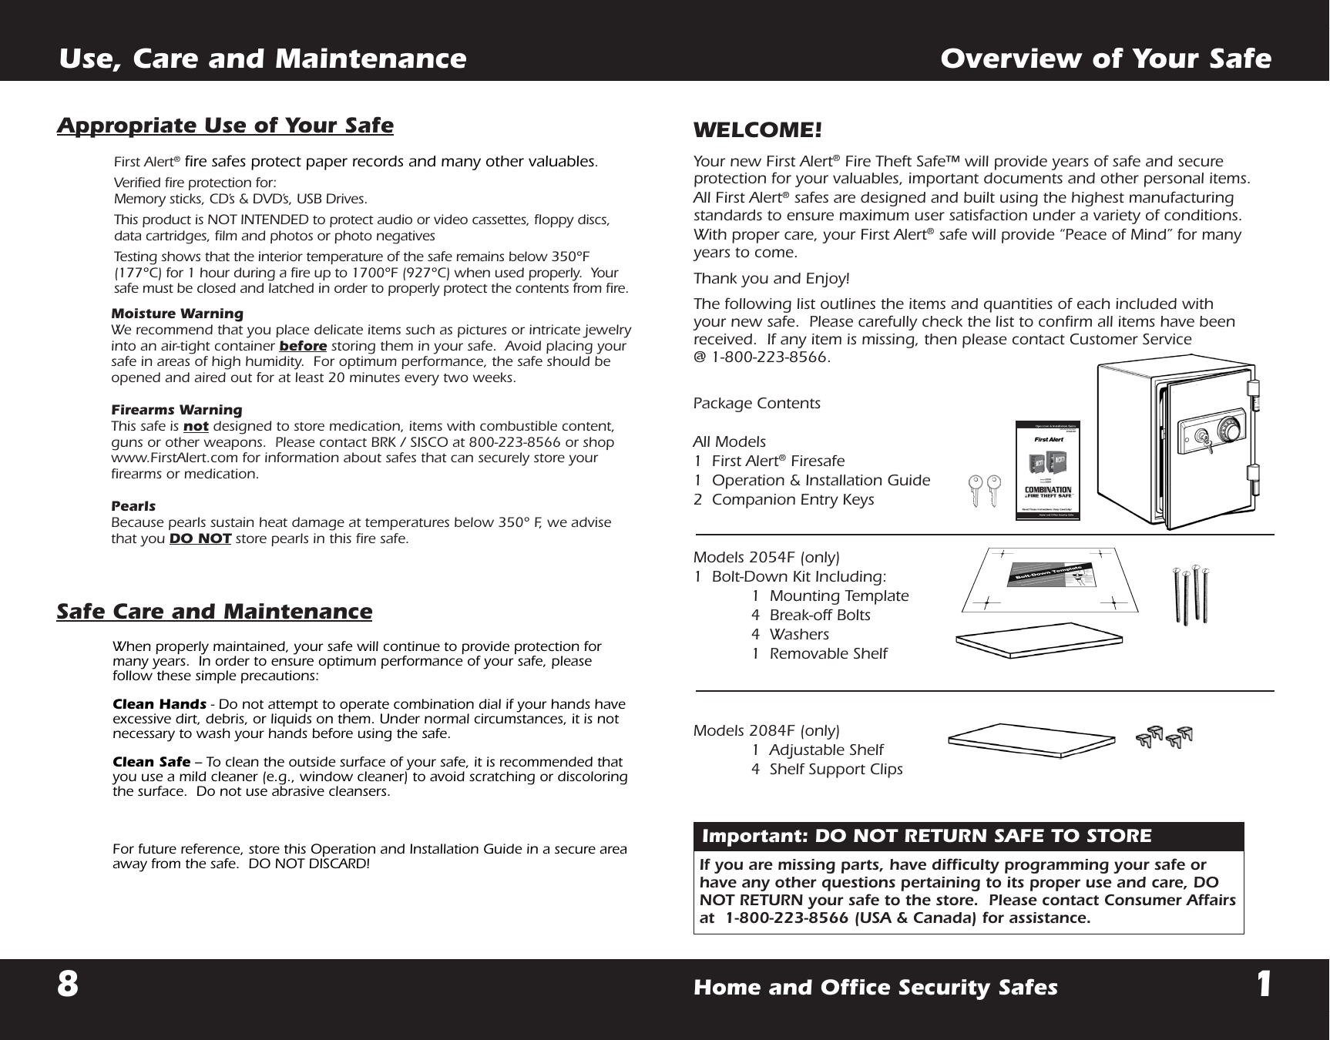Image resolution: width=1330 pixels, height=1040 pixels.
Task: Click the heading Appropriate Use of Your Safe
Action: (x=225, y=126)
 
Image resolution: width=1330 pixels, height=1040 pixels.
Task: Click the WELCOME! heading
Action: (x=757, y=130)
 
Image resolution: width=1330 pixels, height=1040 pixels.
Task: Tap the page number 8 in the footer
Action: (x=68, y=985)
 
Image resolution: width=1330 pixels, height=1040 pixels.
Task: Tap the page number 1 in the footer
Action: (x=1263, y=985)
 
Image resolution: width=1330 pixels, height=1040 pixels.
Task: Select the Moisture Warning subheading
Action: (x=177, y=314)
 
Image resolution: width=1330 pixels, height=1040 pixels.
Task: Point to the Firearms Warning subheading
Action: (x=176, y=410)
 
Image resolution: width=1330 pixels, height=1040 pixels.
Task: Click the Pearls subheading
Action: (x=133, y=506)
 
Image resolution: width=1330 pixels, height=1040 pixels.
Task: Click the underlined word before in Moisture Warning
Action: (x=302, y=346)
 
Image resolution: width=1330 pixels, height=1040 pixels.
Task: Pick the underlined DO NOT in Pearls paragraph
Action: (x=200, y=538)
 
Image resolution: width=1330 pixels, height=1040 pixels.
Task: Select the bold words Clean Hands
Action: (x=159, y=704)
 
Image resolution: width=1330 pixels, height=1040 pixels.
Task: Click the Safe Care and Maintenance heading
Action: (x=214, y=612)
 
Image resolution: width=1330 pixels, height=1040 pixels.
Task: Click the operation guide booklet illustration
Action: (x=1047, y=471)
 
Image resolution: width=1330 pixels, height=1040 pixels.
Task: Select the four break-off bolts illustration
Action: (x=1191, y=594)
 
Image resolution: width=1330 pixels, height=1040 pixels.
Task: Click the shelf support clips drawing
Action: (x=1164, y=737)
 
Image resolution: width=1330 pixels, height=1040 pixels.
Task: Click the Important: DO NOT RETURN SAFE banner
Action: (x=968, y=837)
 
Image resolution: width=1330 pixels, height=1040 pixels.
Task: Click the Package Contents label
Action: (x=757, y=404)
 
